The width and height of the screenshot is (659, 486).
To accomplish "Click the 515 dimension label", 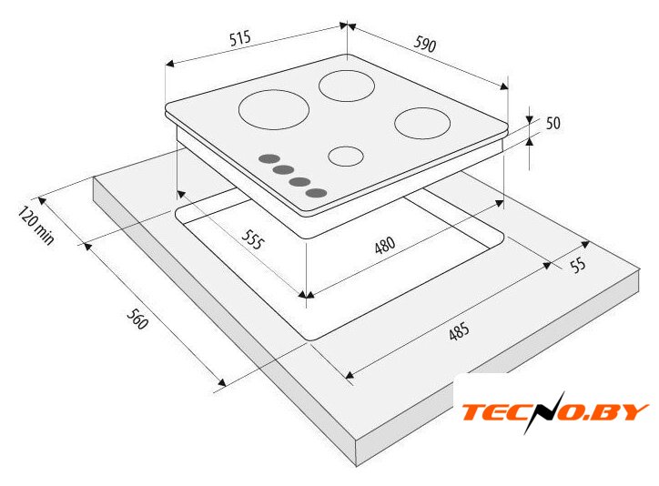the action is coord(240,37).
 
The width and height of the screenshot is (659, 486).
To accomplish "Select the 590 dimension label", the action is coord(425,44).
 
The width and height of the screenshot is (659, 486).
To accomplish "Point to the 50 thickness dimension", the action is coord(553,123).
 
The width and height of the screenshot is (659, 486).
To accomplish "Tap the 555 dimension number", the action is coord(253,239).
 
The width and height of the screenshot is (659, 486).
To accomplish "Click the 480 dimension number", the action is coord(385,246).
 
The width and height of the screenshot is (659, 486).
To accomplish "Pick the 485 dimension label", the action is coord(459,331).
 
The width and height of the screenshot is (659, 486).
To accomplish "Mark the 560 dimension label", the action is coord(137,319).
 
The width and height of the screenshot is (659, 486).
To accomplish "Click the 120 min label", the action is coord(36,225).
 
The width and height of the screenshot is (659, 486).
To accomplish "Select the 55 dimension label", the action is coord(578,265).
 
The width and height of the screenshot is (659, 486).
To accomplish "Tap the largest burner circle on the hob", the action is coord(274,109).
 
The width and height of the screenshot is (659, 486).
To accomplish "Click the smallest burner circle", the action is coord(346,157).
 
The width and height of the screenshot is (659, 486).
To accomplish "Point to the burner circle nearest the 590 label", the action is coord(347,86).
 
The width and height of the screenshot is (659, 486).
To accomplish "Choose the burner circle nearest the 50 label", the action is coord(422,123).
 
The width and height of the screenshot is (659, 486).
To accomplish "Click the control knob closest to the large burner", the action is coord(269,158).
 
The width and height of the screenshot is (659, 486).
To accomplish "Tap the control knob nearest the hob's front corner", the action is coord(316,193).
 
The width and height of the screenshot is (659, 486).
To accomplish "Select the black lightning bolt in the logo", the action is coord(542,412).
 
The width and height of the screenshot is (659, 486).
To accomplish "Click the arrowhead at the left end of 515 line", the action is coord(169,64).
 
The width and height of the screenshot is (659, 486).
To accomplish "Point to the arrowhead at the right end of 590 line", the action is coord(504,86).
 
